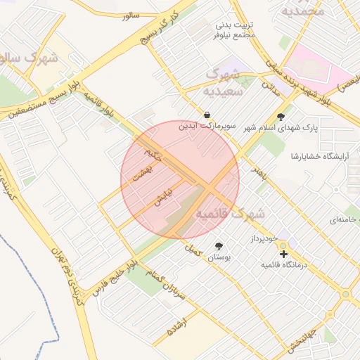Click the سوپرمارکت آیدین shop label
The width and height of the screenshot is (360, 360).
208,127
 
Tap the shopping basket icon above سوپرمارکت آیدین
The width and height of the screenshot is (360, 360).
207,115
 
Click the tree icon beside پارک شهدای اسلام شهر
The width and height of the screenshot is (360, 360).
281,117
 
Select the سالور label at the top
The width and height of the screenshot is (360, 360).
131,15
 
